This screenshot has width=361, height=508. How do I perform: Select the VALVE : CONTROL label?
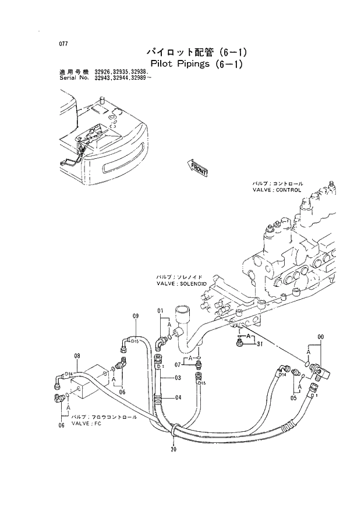[277, 190]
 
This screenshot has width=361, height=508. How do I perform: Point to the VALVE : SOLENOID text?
[182, 283]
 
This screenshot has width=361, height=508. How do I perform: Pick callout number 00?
[320, 337]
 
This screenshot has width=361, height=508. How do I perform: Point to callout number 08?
[76, 356]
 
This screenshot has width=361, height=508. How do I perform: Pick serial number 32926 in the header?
[104, 71]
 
